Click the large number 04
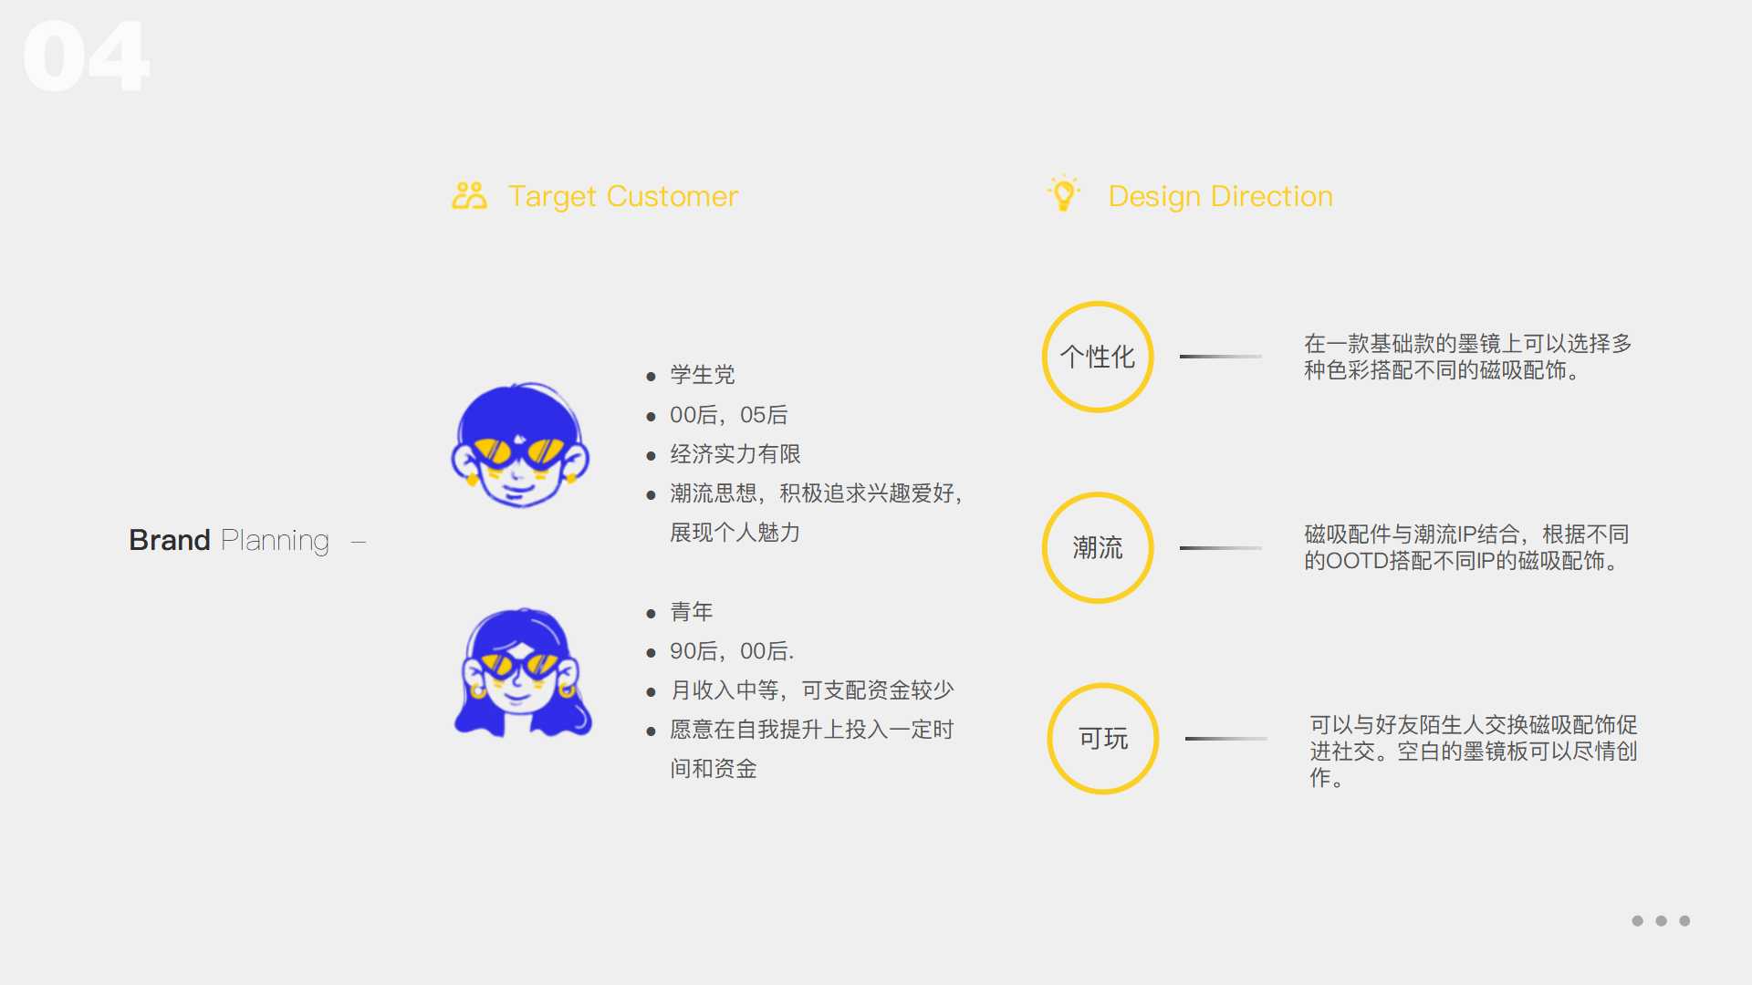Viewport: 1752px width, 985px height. [86, 57]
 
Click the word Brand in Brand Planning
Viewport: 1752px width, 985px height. [170, 540]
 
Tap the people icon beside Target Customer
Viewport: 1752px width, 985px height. [469, 195]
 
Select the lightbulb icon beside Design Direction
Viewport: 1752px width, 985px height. [1063, 193]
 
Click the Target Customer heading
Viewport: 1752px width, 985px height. [622, 196]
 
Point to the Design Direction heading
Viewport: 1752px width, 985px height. [1220, 196]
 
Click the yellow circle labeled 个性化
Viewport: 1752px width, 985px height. [1098, 357]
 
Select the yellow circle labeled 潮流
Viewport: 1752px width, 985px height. [1098, 547]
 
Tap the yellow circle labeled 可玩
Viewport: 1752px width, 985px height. [1102, 738]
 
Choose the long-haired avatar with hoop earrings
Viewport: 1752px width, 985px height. [523, 673]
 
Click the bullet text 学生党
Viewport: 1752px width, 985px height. [702, 375]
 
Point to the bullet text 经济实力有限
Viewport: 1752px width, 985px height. [735, 454]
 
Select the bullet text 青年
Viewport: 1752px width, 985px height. [691, 612]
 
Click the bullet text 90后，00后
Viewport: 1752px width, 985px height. [731, 651]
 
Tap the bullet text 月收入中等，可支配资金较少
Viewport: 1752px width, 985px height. [811, 690]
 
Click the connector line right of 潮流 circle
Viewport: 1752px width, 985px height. [1220, 547]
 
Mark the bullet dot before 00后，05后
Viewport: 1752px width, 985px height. [651, 417]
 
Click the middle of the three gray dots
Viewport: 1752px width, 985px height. [1661, 921]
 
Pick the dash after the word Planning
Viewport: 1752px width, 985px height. [359, 542]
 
